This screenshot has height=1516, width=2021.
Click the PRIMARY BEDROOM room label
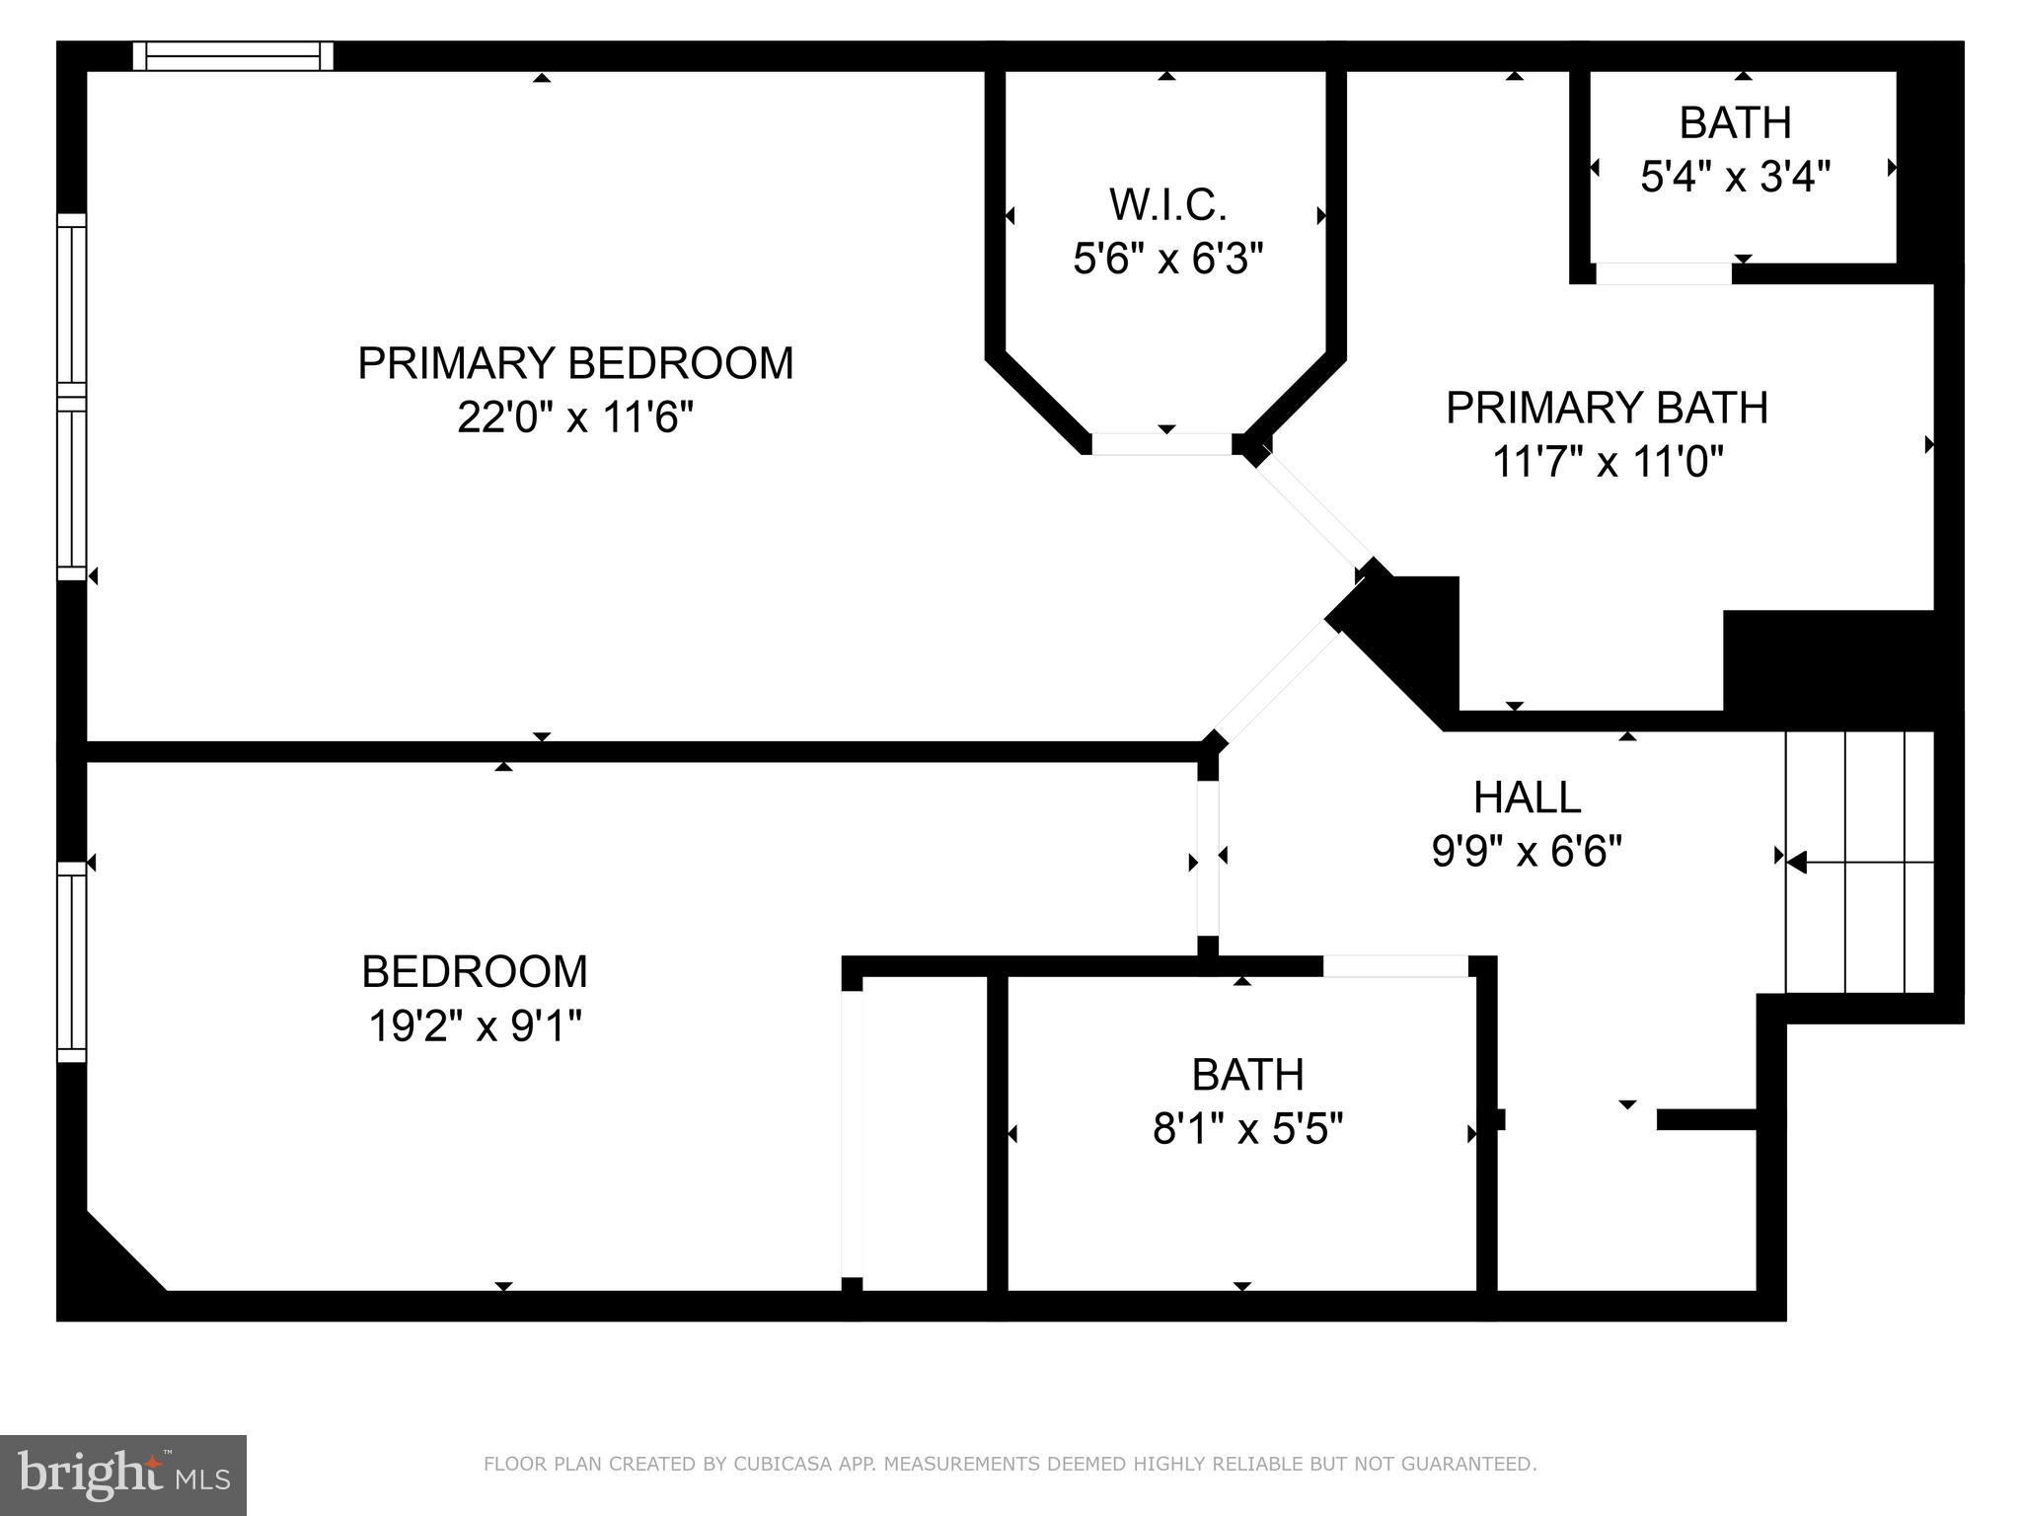[x=575, y=363]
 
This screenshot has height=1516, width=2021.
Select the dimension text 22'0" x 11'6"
[x=575, y=417]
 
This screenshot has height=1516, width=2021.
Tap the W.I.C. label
[x=1167, y=205]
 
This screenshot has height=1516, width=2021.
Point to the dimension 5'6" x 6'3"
[x=1167, y=260]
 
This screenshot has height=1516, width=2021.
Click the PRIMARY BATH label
[x=1607, y=408]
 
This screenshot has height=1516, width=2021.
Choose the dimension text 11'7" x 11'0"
[x=1607, y=462]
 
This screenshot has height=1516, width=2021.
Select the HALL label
[x=1527, y=796]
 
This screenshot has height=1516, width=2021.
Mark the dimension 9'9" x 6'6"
[x=1527, y=850]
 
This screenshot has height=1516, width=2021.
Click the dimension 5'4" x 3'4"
[x=1735, y=178]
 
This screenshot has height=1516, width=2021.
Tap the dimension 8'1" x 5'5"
[x=1247, y=1128]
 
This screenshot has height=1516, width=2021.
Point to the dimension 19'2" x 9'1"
[x=475, y=1026]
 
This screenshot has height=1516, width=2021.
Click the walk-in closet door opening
[x=1161, y=445]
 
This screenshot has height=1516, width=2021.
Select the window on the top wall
[x=233, y=55]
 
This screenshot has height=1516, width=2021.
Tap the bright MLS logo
[x=123, y=1475]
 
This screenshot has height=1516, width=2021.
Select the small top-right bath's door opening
[x=1663, y=273]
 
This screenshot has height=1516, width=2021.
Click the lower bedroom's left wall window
[x=72, y=961]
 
